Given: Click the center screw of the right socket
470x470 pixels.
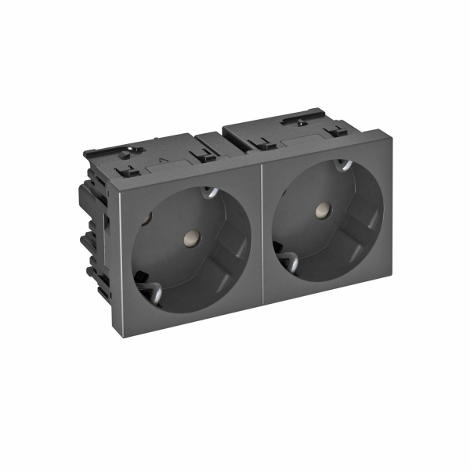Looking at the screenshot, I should click(320, 210).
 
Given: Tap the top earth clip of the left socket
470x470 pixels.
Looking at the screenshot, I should click(208, 191).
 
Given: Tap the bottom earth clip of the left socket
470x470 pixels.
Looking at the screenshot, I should click(147, 277).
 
